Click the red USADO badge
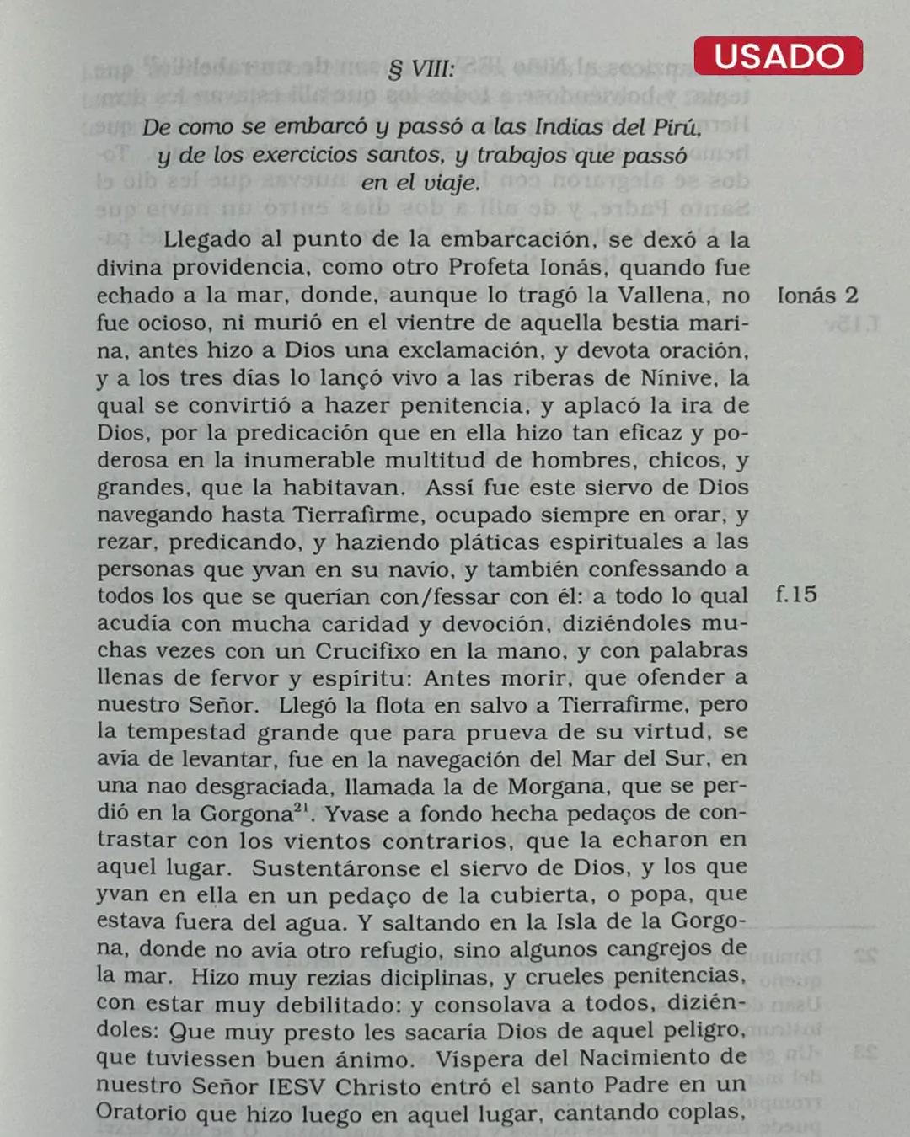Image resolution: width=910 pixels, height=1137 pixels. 779,56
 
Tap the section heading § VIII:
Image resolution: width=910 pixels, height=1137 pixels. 420,69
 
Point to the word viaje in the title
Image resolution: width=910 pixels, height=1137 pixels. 452,183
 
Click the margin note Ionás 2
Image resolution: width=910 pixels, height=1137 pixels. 816,296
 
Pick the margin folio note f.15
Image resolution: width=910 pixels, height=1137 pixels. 796,595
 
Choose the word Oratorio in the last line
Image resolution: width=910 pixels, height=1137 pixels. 142,1113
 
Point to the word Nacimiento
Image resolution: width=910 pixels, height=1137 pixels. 637,1058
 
